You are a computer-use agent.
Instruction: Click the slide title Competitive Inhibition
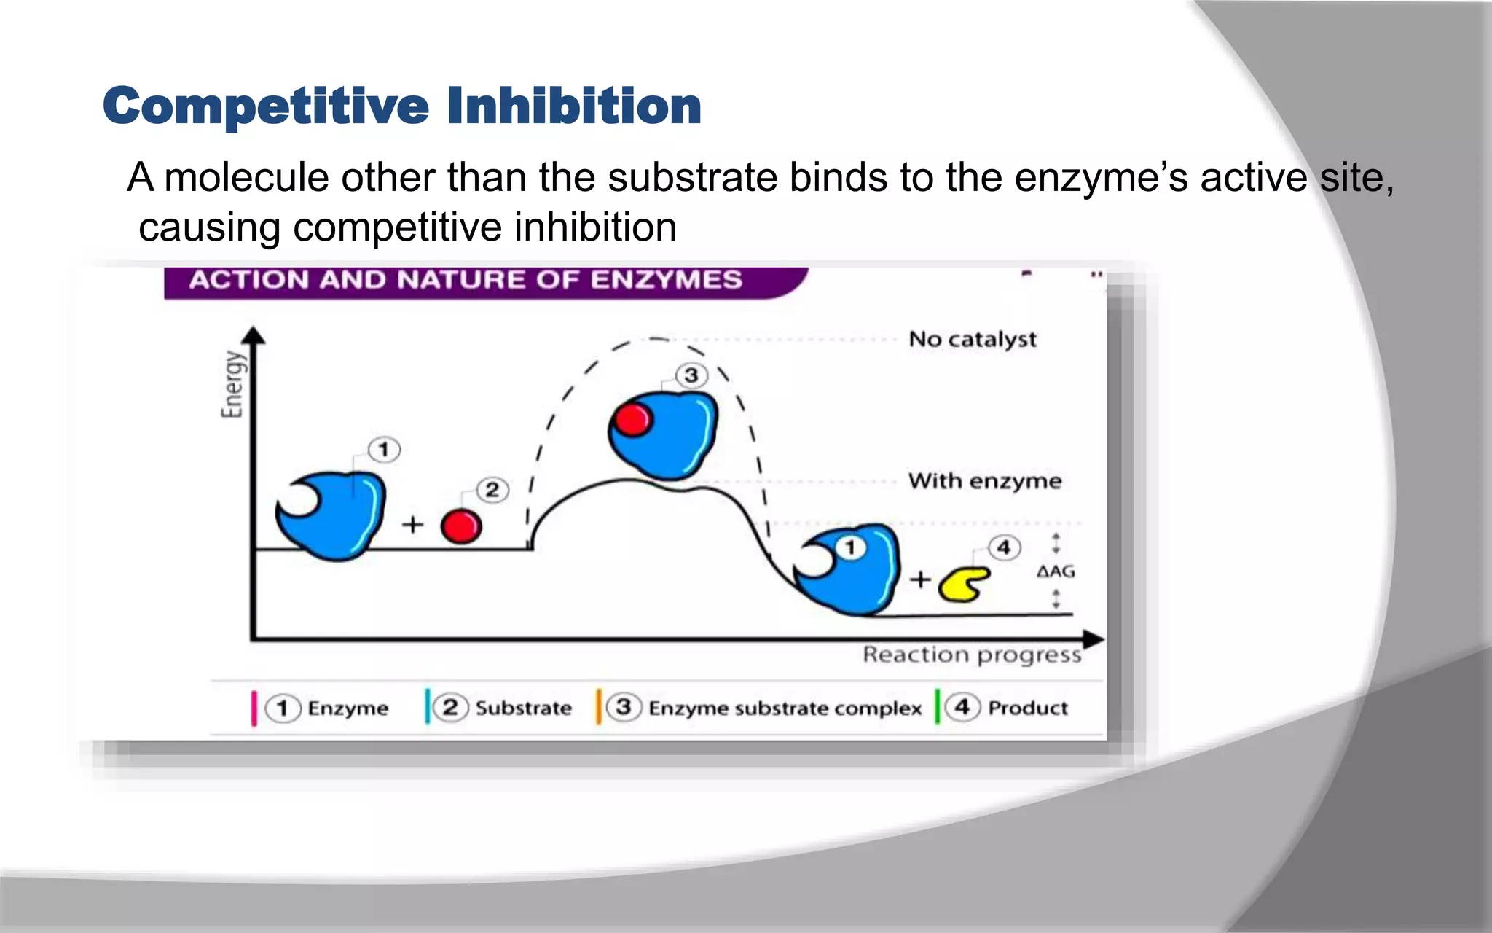pos(402,106)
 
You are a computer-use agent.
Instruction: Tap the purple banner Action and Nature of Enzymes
pos(466,280)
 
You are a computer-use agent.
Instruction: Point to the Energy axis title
pos(232,384)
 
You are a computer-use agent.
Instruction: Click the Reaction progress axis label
pos(971,655)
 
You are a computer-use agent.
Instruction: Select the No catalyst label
pos(972,340)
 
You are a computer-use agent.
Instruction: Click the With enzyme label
pos(984,481)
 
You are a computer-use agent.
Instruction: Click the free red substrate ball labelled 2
pos(461,526)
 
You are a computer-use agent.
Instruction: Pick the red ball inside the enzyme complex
pos(632,420)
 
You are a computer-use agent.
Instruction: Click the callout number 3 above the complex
pos(691,376)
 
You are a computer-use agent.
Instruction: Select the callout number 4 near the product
pos(1004,548)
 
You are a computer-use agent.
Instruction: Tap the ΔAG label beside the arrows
pos(1056,572)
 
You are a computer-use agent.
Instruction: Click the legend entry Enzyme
pos(347,708)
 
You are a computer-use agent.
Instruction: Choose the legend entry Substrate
pos(523,708)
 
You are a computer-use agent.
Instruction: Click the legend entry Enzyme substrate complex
pos(785,708)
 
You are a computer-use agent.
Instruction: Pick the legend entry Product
pos(1027,708)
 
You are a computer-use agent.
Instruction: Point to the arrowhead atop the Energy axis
pos(253,335)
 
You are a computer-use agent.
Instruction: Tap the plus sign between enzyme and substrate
pos(412,524)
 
